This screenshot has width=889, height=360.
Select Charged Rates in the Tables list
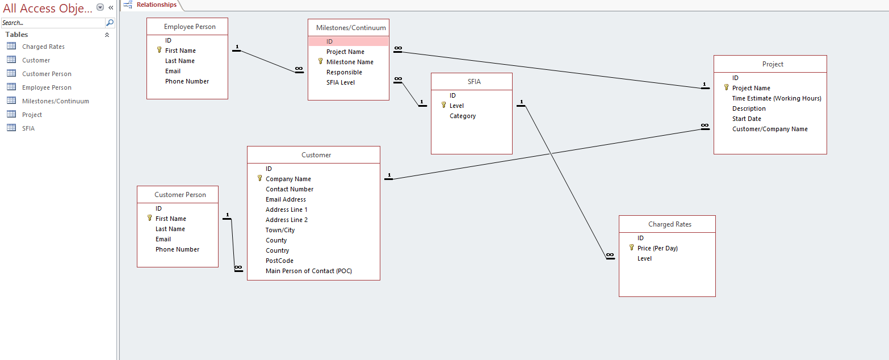point(43,47)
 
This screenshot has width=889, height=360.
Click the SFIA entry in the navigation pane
point(28,128)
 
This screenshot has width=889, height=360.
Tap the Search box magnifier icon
point(110,23)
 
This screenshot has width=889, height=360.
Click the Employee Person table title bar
point(190,27)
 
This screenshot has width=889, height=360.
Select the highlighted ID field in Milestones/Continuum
point(348,41)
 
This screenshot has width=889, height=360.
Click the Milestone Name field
point(350,62)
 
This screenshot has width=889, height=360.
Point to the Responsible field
point(344,72)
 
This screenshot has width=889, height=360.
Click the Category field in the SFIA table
point(463,116)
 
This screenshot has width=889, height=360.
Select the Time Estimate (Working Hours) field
point(777,98)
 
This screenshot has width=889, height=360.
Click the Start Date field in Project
point(747,119)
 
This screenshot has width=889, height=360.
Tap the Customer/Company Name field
point(770,129)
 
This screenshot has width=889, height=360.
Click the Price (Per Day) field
point(657,248)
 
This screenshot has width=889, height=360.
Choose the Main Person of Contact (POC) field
point(309,271)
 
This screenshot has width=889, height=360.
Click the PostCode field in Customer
point(279,261)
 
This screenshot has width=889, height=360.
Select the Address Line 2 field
point(287,220)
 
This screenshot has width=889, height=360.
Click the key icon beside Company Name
point(260,178)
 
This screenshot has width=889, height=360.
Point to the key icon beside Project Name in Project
point(726,87)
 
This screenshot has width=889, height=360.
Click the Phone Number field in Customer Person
point(178,249)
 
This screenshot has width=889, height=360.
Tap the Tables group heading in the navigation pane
point(17,35)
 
